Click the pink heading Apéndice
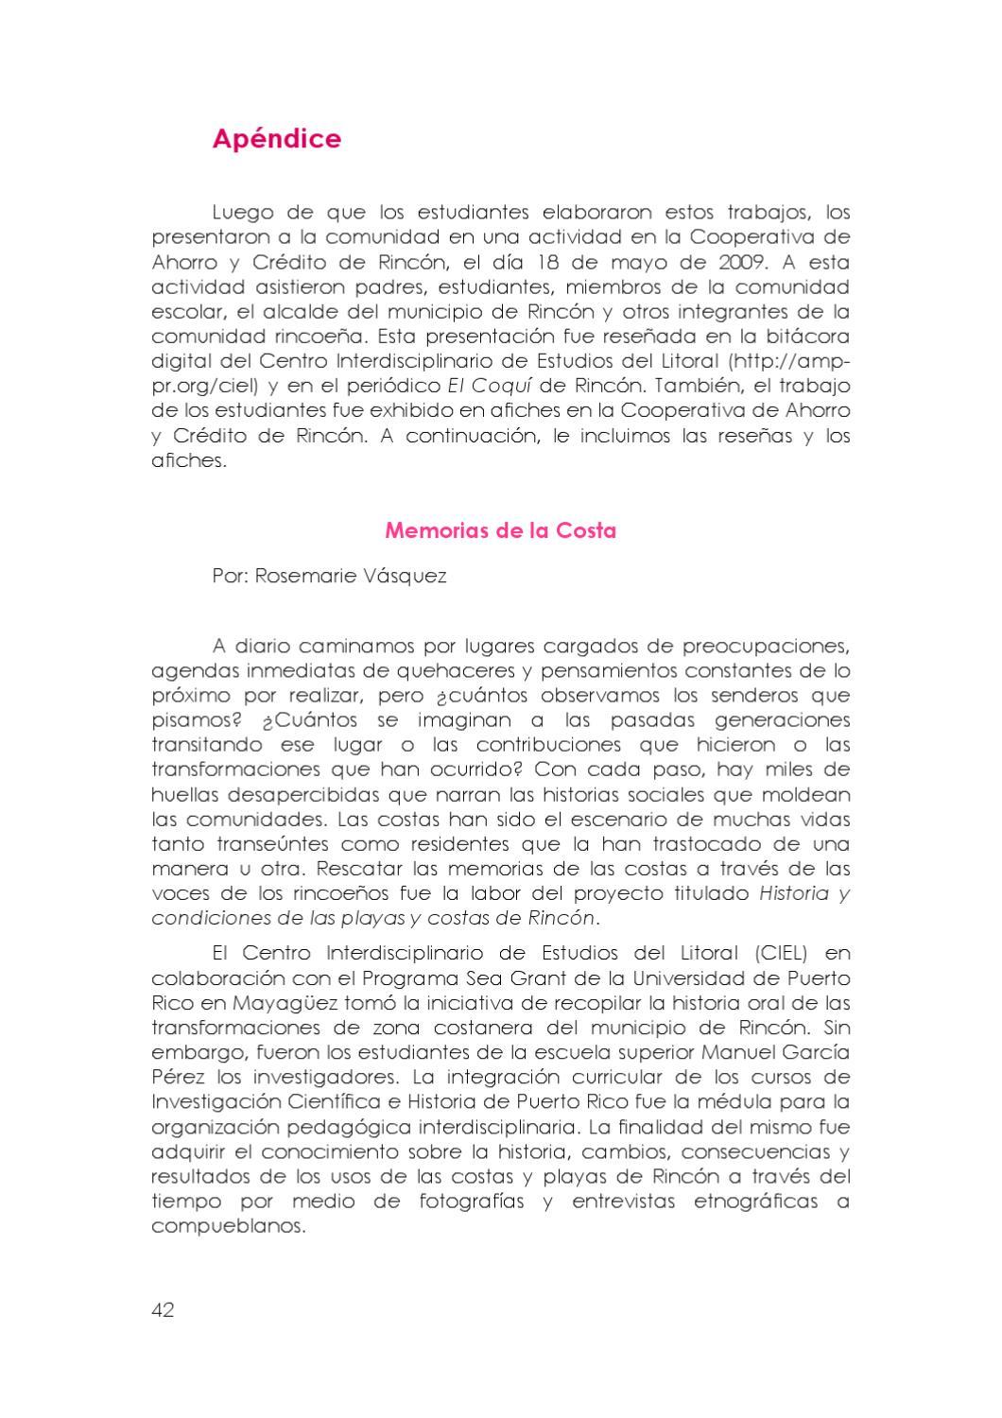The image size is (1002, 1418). coord(276,139)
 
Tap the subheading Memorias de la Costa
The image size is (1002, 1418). coord(500,530)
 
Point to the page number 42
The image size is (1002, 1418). coord(163,1310)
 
